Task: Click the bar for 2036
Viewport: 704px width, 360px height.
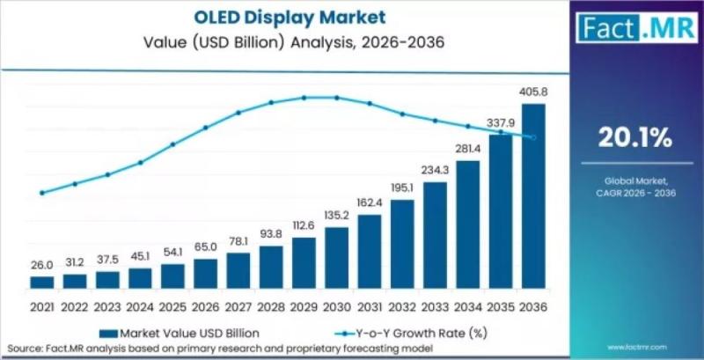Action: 533,195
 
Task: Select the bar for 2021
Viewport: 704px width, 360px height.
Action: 42,282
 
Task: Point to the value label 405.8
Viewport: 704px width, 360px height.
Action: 533,92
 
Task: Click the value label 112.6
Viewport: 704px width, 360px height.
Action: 304,225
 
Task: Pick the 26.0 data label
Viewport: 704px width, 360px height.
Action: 42,264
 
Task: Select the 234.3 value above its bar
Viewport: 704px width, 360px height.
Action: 435,170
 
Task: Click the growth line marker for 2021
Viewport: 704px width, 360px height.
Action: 42,193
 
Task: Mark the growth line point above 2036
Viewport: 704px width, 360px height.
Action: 533,137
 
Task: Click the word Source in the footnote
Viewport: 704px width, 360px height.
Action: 23,349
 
